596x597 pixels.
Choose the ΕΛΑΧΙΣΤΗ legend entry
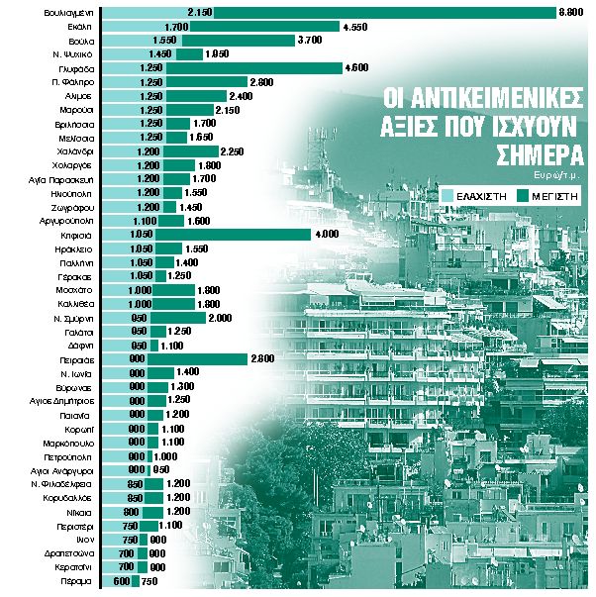click(479, 197)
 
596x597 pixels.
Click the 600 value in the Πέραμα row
click(121, 583)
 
